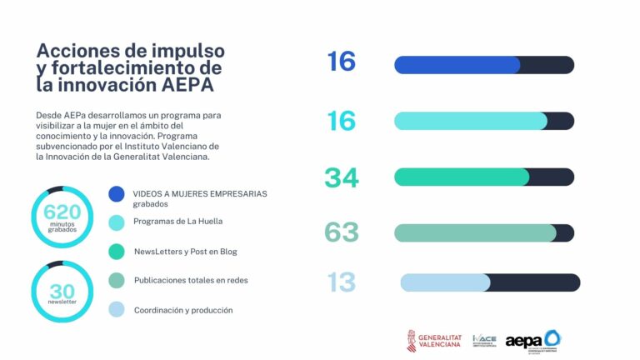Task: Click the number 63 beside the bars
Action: coord(342,232)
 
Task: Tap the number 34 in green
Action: coord(342,177)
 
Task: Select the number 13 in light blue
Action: coord(342,282)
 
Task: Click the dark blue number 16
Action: coord(342,62)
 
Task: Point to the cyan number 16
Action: coord(342,122)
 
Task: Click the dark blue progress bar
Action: coord(483,65)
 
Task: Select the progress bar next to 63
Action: coord(483,233)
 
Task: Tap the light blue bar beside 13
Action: coord(489,282)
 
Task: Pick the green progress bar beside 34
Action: coord(483,177)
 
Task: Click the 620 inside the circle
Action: coord(62,212)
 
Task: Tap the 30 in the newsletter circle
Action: coord(62,291)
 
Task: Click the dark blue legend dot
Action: coord(117,194)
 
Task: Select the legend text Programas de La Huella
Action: coord(177,222)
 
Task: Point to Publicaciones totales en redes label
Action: coord(191,280)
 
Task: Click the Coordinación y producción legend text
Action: coord(183,310)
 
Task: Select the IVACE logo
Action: coord(484,341)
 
